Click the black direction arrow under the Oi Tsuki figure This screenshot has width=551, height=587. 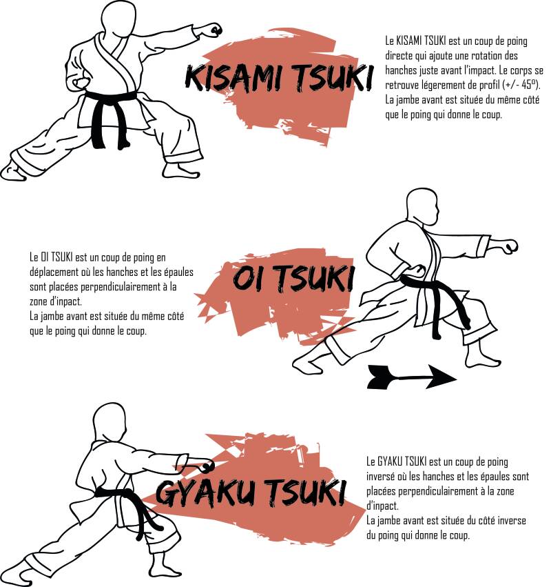click(x=412, y=377)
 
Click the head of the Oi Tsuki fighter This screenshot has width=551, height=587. click(x=422, y=207)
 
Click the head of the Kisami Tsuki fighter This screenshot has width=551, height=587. click(x=119, y=19)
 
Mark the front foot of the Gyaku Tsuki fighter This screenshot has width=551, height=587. click(x=165, y=573)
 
